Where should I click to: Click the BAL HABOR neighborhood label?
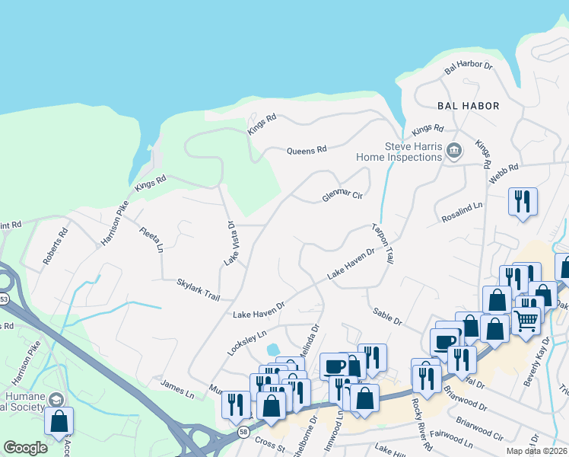(x=468, y=106)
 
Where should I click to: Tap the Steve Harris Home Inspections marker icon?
(x=454, y=150)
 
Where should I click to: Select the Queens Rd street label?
(x=306, y=150)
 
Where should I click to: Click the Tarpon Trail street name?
(x=383, y=244)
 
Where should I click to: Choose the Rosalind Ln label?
(x=462, y=213)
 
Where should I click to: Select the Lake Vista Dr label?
(x=230, y=243)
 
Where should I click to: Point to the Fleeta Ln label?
(x=151, y=238)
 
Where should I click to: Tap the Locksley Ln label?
(x=247, y=344)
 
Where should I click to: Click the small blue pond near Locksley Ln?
(x=272, y=350)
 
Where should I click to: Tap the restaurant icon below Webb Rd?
(x=522, y=201)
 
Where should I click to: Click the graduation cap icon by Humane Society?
(x=56, y=399)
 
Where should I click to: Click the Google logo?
(x=25, y=448)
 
